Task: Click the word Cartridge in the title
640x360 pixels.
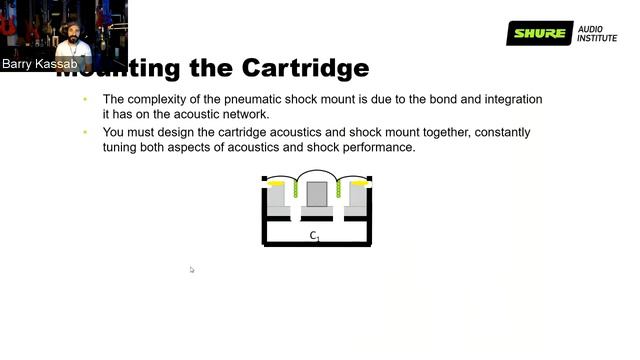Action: coord(306,68)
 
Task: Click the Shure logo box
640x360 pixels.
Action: coord(539,34)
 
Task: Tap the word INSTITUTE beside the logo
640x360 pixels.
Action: coord(597,41)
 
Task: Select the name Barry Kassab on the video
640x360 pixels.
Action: coord(40,64)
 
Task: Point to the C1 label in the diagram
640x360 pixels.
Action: coord(314,236)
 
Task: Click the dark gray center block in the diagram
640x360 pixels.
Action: coord(317,193)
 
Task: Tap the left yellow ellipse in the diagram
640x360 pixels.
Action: coord(275,184)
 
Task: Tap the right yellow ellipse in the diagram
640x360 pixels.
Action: coord(359,184)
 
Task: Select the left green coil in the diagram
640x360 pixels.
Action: coord(296,189)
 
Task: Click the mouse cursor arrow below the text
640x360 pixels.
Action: coord(192,269)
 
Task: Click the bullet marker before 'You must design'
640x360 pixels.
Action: coord(85,132)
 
